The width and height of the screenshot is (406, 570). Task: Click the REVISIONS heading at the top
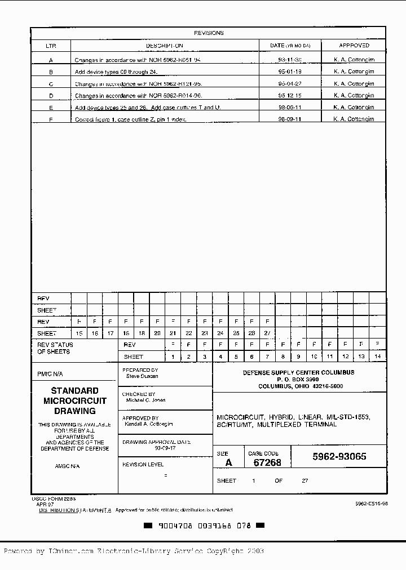coord(209,33)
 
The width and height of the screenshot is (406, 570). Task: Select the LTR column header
coord(51,46)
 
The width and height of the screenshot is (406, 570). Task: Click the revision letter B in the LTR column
coord(51,72)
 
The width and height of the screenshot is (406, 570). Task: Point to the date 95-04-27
coord(290,84)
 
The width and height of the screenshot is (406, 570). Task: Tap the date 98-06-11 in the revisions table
coord(290,107)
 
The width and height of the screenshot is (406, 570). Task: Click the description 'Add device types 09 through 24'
coord(117,72)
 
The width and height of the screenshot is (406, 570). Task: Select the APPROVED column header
coord(354,46)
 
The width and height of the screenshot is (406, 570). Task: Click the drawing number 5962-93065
coord(339,457)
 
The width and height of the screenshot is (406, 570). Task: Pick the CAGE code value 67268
coord(267,462)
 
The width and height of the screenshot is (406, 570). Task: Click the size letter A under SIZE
coord(228,462)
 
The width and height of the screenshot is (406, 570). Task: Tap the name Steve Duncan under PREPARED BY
coord(142,376)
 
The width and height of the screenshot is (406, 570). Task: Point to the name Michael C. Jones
coord(145,400)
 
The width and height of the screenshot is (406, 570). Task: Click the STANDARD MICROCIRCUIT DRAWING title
coord(75,400)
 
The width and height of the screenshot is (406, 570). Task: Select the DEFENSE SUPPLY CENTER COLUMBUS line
coord(298,373)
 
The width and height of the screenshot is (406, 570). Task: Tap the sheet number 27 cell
coord(267,333)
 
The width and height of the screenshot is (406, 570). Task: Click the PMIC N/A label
coord(50,374)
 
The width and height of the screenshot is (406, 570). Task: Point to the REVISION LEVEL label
coord(143,465)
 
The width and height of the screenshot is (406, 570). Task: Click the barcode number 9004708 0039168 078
coord(205,526)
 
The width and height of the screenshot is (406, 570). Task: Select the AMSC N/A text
coord(67,466)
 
